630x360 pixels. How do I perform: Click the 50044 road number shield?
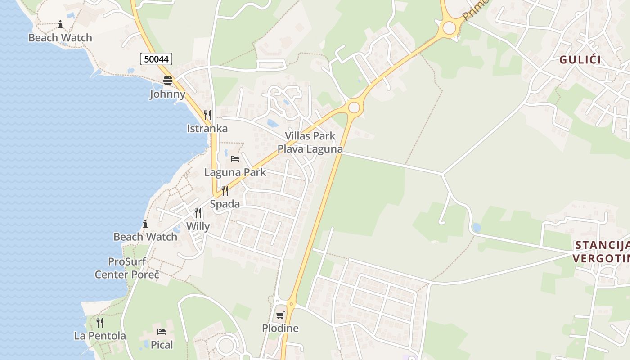coord(156,59)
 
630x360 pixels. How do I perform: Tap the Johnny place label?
coord(167,94)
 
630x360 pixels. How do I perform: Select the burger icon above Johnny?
coord(168,81)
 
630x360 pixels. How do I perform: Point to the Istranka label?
coord(207,129)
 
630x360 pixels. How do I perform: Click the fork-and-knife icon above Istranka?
coord(207,115)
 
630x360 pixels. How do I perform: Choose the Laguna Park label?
coord(235,172)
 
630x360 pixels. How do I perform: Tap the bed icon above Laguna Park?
coord(235,159)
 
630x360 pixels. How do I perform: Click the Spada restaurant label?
coord(225,204)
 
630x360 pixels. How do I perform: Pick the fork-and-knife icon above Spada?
coord(225,191)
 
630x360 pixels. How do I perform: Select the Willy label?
coord(198,226)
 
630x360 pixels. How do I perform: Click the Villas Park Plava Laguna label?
coord(310,142)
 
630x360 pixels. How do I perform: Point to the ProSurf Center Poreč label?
coord(127,268)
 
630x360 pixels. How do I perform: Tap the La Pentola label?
coord(100,336)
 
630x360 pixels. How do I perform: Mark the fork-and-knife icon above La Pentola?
coord(100,323)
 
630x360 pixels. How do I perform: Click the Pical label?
coord(162,345)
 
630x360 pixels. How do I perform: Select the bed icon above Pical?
coord(162,332)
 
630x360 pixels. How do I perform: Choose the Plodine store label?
coord(280,328)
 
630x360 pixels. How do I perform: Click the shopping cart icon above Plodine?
coord(280,315)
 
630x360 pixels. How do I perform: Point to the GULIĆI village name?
coord(580,60)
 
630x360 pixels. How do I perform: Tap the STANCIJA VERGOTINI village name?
coord(601,252)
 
